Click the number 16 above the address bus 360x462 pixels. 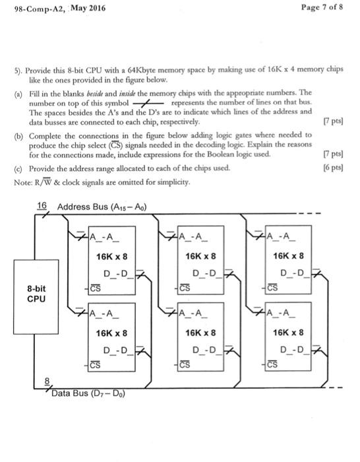tap(42, 206)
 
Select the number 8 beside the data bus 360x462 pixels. tap(45, 381)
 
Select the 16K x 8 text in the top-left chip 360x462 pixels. tap(111, 256)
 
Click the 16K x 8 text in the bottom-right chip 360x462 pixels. tap(289, 333)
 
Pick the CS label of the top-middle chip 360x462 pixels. tap(185, 287)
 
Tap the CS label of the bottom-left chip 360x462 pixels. tap(96, 364)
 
